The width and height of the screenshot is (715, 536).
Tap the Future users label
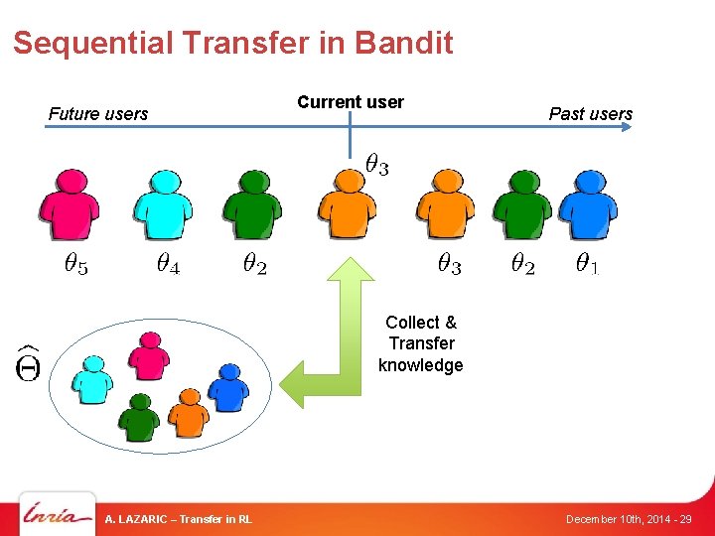coord(97,114)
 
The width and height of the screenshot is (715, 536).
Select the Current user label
coord(351,102)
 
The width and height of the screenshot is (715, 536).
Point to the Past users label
coord(590,114)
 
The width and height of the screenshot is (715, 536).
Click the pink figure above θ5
coord(69,203)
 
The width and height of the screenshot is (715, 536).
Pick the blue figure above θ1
coord(587,203)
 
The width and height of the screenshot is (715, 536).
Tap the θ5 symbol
coord(75,264)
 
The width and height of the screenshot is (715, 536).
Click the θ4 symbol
coord(168,264)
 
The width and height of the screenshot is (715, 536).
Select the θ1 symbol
coord(587,264)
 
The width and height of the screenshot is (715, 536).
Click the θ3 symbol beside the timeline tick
coord(376,165)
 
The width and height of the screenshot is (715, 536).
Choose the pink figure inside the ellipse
coord(149,355)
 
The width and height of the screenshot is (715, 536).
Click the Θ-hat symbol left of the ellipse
coord(27,363)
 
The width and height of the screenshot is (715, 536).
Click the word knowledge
coord(420,365)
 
